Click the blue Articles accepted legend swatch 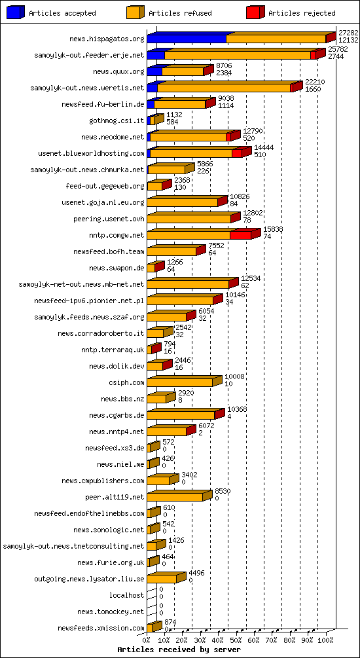point(16,12)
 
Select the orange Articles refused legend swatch point(135,12)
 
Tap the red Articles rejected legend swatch point(255,12)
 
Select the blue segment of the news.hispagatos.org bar point(187,39)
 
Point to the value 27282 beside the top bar point(348,32)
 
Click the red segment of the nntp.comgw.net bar point(241,235)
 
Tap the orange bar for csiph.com point(179,382)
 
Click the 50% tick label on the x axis point(236,640)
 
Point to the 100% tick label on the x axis point(325,640)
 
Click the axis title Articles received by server point(179,649)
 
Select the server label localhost point(127,595)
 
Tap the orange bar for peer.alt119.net point(175,497)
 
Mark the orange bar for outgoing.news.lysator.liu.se point(162,579)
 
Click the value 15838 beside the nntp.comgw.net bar point(273,228)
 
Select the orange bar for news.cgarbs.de point(181,415)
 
